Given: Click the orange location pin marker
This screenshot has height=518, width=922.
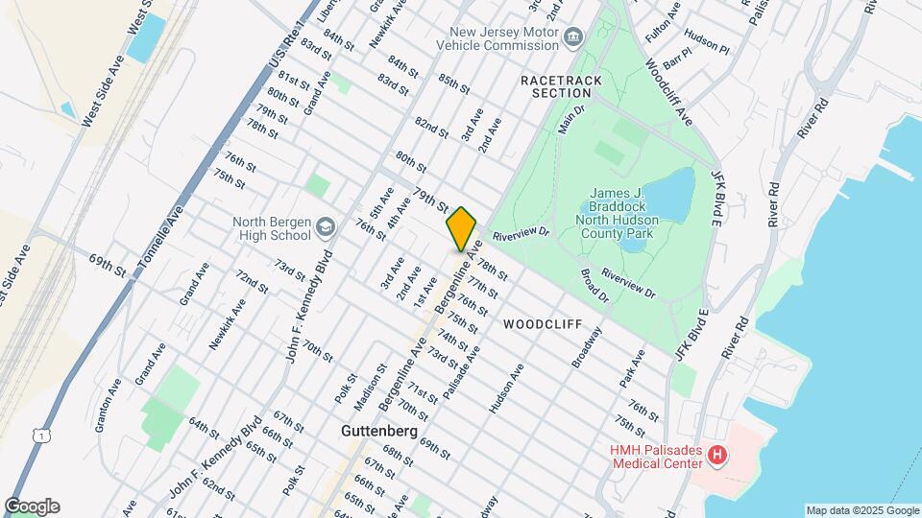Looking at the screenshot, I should pyautogui.click(x=461, y=228).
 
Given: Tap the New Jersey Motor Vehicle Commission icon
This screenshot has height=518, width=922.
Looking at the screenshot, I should pyautogui.click(x=574, y=37).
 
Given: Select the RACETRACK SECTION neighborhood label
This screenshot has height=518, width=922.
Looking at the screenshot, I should pyautogui.click(x=555, y=86).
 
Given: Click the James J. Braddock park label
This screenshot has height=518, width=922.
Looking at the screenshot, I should pyautogui.click(x=621, y=213).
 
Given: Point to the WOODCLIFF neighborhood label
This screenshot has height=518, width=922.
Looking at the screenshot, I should pyautogui.click(x=542, y=325).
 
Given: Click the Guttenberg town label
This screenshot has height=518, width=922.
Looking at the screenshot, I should pyautogui.click(x=378, y=432).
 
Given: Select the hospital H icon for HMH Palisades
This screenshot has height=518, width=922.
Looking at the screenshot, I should pyautogui.click(x=716, y=455).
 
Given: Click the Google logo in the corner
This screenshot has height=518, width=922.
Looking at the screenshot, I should pyautogui.click(x=32, y=506).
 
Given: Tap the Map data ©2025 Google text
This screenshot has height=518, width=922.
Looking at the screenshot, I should pyautogui.click(x=861, y=510).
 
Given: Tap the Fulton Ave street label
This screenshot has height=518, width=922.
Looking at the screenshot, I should pyautogui.click(x=663, y=22).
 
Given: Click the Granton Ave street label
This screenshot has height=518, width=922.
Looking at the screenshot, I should pyautogui.click(x=108, y=407).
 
